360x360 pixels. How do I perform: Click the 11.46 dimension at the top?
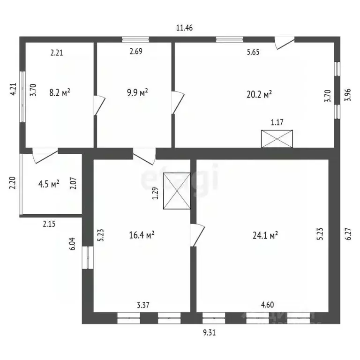tap(184, 28)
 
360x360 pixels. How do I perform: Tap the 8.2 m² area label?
tap(60, 92)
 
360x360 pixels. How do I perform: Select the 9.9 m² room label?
tap(137, 92)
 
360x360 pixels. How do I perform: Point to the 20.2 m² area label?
tap(259, 94)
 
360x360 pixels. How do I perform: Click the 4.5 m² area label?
tap(49, 184)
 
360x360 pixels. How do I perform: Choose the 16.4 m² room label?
tap(142, 235)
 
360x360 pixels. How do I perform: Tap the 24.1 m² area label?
tap(265, 235)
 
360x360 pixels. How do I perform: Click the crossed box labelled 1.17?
tap(277, 139)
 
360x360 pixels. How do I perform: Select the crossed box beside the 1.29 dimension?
tap(177, 191)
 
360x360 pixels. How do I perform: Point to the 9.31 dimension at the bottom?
tap(210, 332)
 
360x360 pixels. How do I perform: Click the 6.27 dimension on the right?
tap(348, 234)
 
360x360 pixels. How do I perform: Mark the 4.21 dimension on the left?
tap(13, 89)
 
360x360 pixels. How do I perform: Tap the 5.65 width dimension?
tap(253, 52)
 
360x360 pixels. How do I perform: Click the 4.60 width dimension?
tap(268, 305)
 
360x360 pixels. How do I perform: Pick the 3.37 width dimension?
tap(143, 305)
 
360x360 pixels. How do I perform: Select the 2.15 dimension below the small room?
tap(49, 224)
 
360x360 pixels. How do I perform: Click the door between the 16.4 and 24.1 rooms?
tap(197, 235)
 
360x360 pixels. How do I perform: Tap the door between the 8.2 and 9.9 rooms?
tap(99, 105)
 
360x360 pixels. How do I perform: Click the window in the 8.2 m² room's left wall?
tap(22, 97)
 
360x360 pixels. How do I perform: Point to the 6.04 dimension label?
tap(72, 244)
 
